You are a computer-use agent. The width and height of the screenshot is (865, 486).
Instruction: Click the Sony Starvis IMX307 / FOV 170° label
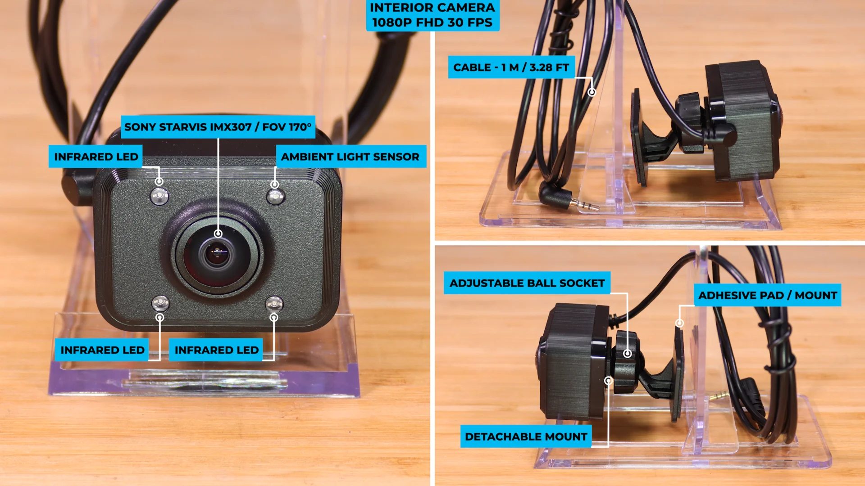[x=218, y=127]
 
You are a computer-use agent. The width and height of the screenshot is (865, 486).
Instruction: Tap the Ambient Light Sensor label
[x=351, y=157]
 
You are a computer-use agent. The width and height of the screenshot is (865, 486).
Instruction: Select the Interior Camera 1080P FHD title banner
[x=432, y=15]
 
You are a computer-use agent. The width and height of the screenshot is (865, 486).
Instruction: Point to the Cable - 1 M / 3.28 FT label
[x=511, y=67]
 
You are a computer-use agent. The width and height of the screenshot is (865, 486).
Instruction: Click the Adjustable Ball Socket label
[x=527, y=283]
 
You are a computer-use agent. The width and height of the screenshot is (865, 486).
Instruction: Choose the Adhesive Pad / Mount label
[x=768, y=295]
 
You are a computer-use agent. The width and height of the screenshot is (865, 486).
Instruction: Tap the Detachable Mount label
[x=526, y=436]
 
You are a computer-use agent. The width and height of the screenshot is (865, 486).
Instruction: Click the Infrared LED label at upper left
[x=96, y=157]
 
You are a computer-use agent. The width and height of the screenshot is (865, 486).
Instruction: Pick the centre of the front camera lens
[x=217, y=254]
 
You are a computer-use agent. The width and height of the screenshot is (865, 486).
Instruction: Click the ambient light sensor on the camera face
[x=275, y=197]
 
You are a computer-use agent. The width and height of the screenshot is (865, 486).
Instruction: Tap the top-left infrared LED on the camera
[x=159, y=197]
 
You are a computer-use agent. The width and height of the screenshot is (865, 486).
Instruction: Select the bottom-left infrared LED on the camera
[x=160, y=303]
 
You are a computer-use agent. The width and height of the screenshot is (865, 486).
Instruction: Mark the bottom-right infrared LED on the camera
[x=274, y=304]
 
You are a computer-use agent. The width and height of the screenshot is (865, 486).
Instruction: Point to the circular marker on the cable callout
[x=592, y=92]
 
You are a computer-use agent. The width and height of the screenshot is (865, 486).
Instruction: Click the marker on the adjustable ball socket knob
[x=627, y=354]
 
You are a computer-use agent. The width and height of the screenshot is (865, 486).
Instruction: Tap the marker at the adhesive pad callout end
[x=679, y=323]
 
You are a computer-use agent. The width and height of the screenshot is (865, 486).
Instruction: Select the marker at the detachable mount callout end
[x=608, y=381]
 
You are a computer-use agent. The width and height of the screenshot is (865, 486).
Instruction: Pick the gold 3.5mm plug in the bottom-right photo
[x=718, y=396]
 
